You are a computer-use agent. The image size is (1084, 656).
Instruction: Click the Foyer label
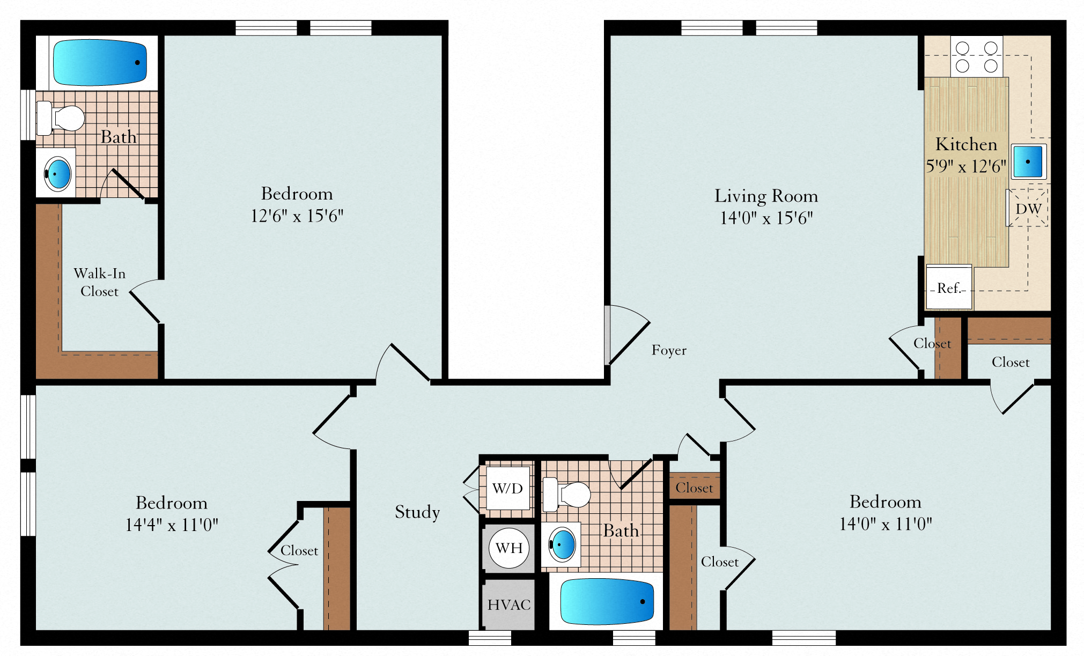pos(669,350)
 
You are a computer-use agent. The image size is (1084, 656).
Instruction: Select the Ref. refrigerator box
pos(949,287)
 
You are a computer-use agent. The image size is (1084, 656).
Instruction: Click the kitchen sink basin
pos(1028,161)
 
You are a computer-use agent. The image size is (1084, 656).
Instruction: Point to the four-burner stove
pos(977,56)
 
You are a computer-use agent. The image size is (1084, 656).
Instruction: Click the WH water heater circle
pos(509,548)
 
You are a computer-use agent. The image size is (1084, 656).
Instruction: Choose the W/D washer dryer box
pos(507,488)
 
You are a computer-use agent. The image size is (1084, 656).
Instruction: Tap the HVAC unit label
pos(509,605)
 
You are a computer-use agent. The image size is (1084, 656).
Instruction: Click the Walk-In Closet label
pos(100,282)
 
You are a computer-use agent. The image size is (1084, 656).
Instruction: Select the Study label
pos(417,512)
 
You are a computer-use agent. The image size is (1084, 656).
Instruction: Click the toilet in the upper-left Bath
pos(60,118)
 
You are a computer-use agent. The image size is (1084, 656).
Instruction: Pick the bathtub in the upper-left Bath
pos(100,62)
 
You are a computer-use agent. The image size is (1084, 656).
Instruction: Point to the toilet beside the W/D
pos(566,495)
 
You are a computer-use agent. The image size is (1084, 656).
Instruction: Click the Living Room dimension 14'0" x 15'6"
pos(766,218)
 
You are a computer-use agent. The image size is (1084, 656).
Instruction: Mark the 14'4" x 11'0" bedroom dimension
pos(172,525)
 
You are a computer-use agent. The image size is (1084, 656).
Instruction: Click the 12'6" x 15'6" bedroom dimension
pos(297,216)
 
